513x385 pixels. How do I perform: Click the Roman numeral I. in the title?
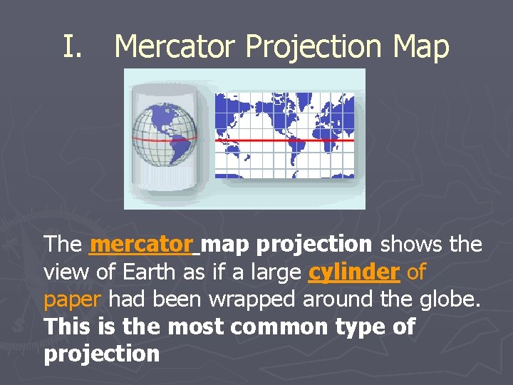pos(73,47)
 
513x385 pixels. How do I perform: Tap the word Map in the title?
pos(420,47)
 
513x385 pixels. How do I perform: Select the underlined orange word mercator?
pos(142,245)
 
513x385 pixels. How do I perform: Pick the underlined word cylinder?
pos(355,272)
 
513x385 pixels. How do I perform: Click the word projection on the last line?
pos(102,354)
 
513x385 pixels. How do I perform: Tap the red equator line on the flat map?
pos(284,141)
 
